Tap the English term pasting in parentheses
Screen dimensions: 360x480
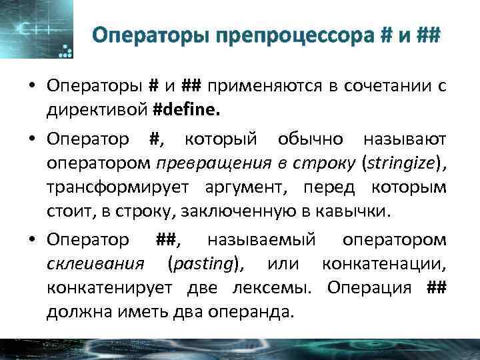pyautogui.click(x=203, y=264)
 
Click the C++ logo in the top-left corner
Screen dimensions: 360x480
pyautogui.click(x=33, y=30)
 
